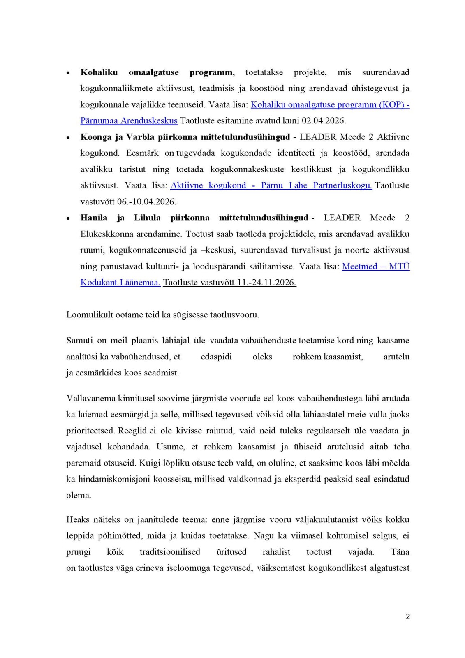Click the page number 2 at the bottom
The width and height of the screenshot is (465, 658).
click(407, 616)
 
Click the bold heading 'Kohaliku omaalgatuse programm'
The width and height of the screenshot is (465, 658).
click(157, 72)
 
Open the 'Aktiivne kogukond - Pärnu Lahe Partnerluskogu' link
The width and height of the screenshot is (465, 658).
click(271, 185)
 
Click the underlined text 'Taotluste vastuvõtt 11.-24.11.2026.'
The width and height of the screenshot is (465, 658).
click(229, 283)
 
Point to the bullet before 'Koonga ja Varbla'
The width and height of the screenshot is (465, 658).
click(68, 137)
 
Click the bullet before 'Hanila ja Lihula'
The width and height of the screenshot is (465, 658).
click(68, 218)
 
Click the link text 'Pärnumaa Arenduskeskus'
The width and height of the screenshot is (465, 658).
click(129, 121)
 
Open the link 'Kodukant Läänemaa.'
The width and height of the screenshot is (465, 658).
click(120, 283)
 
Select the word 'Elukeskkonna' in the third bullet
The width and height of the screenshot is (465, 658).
click(105, 234)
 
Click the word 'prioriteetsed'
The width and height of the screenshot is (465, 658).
click(90, 431)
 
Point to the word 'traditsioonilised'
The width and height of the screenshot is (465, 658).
click(170, 552)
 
